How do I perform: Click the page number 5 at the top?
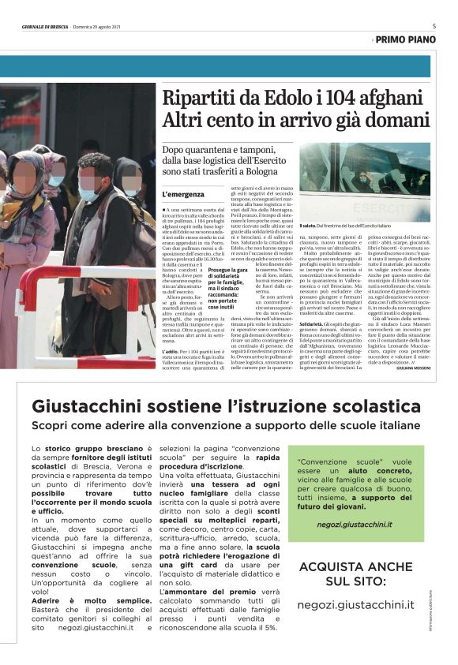tap(434, 26)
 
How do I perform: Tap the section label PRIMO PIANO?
tap(405, 39)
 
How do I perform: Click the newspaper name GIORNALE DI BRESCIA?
tap(45, 27)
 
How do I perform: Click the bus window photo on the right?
tap(365, 181)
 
